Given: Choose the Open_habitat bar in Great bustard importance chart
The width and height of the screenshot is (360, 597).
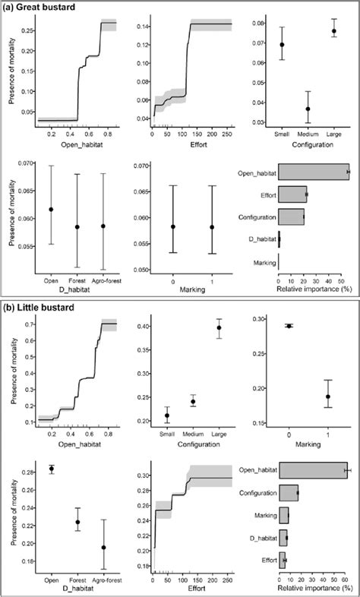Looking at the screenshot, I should click(314, 172).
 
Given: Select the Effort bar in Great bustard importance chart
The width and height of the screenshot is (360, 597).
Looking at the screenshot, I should click(292, 194).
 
